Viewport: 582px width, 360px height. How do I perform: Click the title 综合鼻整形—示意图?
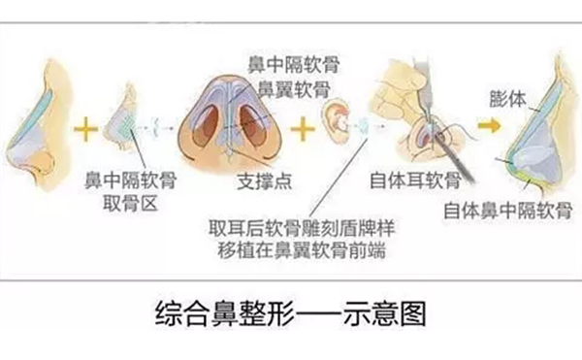coord(290,314)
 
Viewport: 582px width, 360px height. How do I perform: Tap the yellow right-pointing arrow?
coord(488,125)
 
